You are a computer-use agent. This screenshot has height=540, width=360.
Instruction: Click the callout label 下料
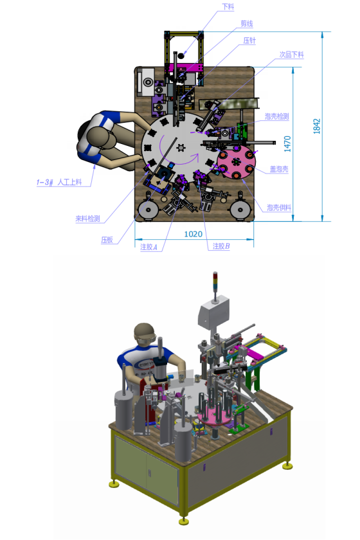pos(228,6)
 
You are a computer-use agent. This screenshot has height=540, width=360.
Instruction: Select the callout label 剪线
pos(247,23)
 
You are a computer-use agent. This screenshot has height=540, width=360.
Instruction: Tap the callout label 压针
pos(249,40)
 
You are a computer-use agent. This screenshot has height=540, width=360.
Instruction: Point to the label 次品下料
pos(291,55)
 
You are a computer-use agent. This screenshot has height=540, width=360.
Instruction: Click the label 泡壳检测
pos(276,116)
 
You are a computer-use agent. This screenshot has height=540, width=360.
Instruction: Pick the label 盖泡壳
pos(279,168)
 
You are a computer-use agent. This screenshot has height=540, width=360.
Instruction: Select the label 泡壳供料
pos(279,207)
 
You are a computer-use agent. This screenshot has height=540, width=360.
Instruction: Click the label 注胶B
pos(221,246)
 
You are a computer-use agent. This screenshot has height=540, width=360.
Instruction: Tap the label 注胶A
pos(149,247)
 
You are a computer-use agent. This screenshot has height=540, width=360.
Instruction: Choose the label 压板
pos(107,240)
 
